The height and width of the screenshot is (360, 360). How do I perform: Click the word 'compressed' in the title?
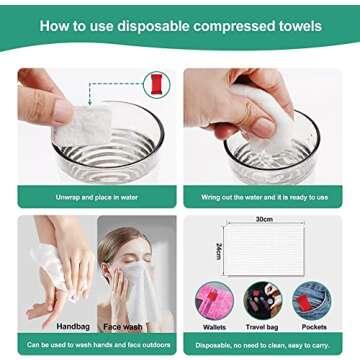[242, 24]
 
